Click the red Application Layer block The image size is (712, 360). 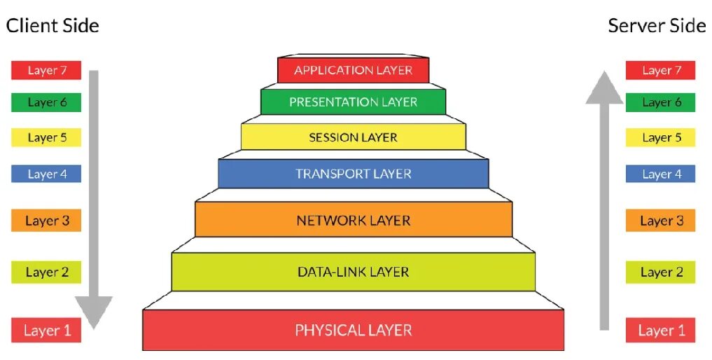click(x=353, y=70)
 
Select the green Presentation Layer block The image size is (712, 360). click(x=353, y=102)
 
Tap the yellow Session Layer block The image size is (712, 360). click(x=353, y=137)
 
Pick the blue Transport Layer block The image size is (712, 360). click(x=353, y=174)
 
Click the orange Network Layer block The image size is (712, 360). click(x=353, y=221)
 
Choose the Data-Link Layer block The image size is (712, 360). click(x=353, y=272)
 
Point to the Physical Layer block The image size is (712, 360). click(x=353, y=330)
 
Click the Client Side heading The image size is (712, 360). click(x=53, y=26)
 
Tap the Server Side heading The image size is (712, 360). click(x=657, y=26)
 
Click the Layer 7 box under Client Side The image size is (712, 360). click(x=46, y=70)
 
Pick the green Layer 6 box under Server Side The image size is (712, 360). click(x=660, y=102)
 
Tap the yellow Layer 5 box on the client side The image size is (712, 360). click(x=46, y=137)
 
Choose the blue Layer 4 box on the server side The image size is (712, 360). click(x=660, y=174)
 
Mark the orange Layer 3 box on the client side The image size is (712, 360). click(x=46, y=221)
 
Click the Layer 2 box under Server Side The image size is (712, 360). click(x=660, y=272)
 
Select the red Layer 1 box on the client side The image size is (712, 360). click(x=46, y=330)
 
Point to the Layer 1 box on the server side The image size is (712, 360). click(x=660, y=330)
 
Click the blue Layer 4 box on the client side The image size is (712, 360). click(x=46, y=174)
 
